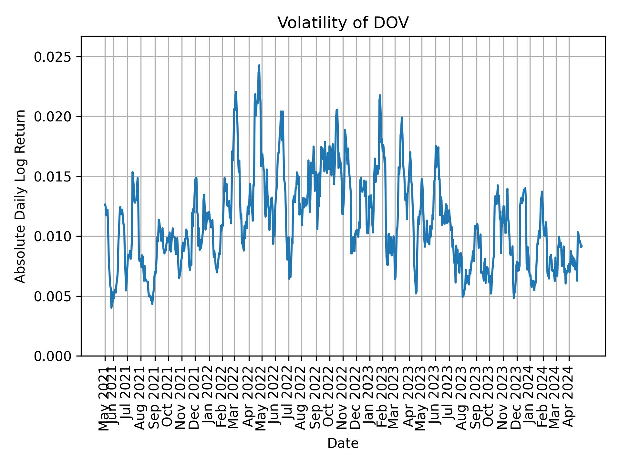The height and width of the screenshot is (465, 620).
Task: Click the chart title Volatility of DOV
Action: pos(343,23)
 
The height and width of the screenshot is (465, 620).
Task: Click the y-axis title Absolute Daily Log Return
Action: pos(21,196)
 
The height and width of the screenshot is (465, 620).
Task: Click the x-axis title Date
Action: pos(343,443)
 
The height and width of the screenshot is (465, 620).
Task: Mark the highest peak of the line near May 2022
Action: pos(259,65)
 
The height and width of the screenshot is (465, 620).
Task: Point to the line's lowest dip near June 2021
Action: pos(111,308)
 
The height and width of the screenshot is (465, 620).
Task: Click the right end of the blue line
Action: pos(582,246)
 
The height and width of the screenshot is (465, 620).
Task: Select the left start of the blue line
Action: pos(105,204)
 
